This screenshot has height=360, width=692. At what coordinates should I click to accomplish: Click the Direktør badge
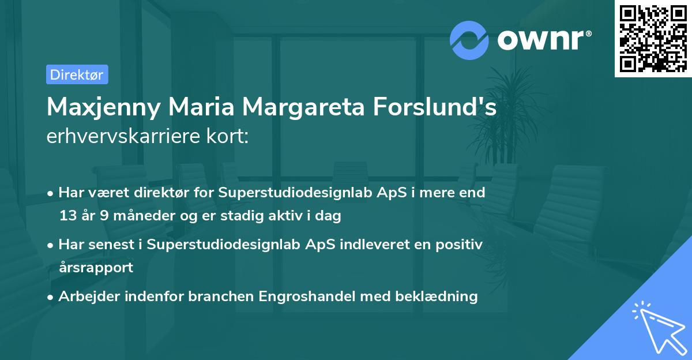pyautogui.click(x=77, y=74)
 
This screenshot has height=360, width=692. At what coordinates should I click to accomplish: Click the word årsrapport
pyautogui.click(x=96, y=268)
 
